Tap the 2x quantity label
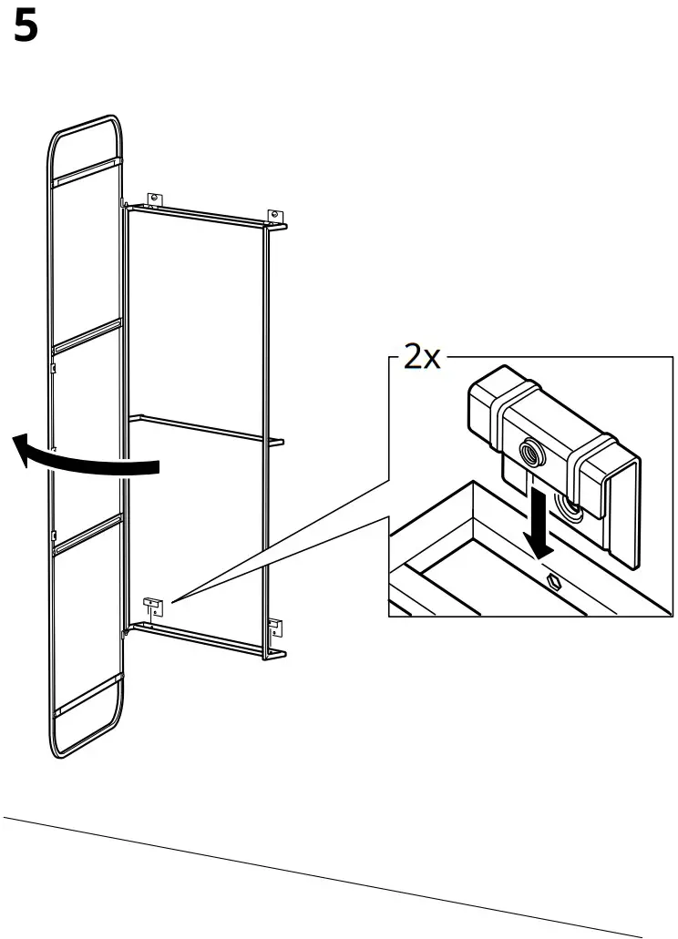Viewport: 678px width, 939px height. pyautogui.click(x=420, y=356)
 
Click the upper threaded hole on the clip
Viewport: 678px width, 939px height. pyautogui.click(x=529, y=450)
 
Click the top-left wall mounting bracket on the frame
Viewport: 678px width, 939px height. pyautogui.click(x=154, y=198)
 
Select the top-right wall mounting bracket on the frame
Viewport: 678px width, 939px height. pyautogui.click(x=272, y=215)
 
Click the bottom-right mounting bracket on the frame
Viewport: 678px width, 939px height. pyautogui.click(x=275, y=625)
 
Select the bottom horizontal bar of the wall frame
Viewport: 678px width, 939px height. pyautogui.click(x=200, y=638)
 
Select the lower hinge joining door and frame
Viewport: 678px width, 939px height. pyautogui.click(x=124, y=628)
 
